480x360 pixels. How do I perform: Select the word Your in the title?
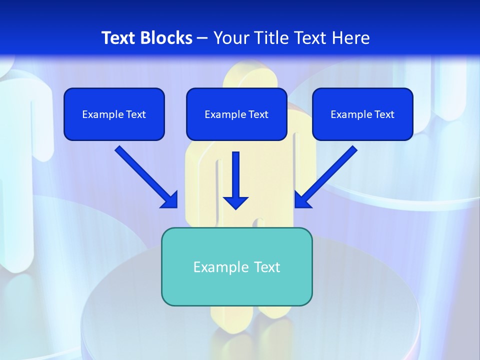[x=231, y=38]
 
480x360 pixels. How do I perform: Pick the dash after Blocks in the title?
[x=202, y=38]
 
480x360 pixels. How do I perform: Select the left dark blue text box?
[x=114, y=114]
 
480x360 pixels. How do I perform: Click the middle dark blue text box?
[x=236, y=114]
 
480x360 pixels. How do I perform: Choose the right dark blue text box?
[x=362, y=114]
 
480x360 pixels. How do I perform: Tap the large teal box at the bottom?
[x=236, y=266]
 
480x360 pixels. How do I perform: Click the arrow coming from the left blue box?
[x=146, y=177]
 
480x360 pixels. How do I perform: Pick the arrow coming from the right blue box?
[x=326, y=177]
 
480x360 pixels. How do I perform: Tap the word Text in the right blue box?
[x=384, y=114]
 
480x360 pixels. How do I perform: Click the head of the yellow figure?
[x=250, y=75]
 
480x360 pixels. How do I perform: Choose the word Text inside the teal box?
[x=266, y=267]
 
